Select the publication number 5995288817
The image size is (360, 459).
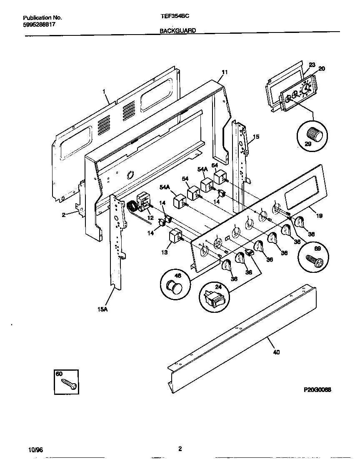click(x=39, y=25)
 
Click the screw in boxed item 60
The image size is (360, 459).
click(x=68, y=384)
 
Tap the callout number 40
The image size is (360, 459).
click(x=277, y=352)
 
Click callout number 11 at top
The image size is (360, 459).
click(x=224, y=72)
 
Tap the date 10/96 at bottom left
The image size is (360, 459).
click(x=36, y=450)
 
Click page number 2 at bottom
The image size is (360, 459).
click(x=180, y=449)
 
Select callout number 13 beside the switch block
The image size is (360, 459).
click(x=165, y=252)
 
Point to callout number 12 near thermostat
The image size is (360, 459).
click(x=150, y=218)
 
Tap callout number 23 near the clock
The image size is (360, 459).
click(x=312, y=65)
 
